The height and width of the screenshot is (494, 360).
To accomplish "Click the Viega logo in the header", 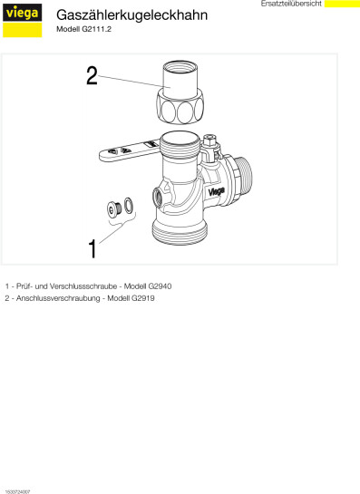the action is (22, 20).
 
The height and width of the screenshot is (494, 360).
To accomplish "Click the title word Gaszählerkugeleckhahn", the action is (131, 15).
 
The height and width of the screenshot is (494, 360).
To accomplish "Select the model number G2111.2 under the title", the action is (97, 29).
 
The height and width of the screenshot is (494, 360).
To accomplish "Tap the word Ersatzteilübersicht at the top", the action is (291, 4).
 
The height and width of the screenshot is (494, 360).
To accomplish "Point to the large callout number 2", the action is (92, 75).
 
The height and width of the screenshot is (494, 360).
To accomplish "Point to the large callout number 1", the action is (92, 249).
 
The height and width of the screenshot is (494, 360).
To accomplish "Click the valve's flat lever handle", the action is (130, 150).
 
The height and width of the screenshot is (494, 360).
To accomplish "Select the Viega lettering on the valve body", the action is (216, 191).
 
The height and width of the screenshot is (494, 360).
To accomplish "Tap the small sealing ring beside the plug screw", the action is (129, 205).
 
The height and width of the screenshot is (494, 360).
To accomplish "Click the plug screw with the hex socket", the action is (115, 208).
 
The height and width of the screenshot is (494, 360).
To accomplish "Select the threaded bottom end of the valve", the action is (180, 232).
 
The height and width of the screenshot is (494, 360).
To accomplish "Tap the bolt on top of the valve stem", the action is (209, 140).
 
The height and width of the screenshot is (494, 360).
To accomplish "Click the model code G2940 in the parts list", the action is (160, 286).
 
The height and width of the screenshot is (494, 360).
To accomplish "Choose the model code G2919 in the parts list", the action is (142, 298).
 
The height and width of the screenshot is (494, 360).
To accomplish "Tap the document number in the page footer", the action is (17, 491).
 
